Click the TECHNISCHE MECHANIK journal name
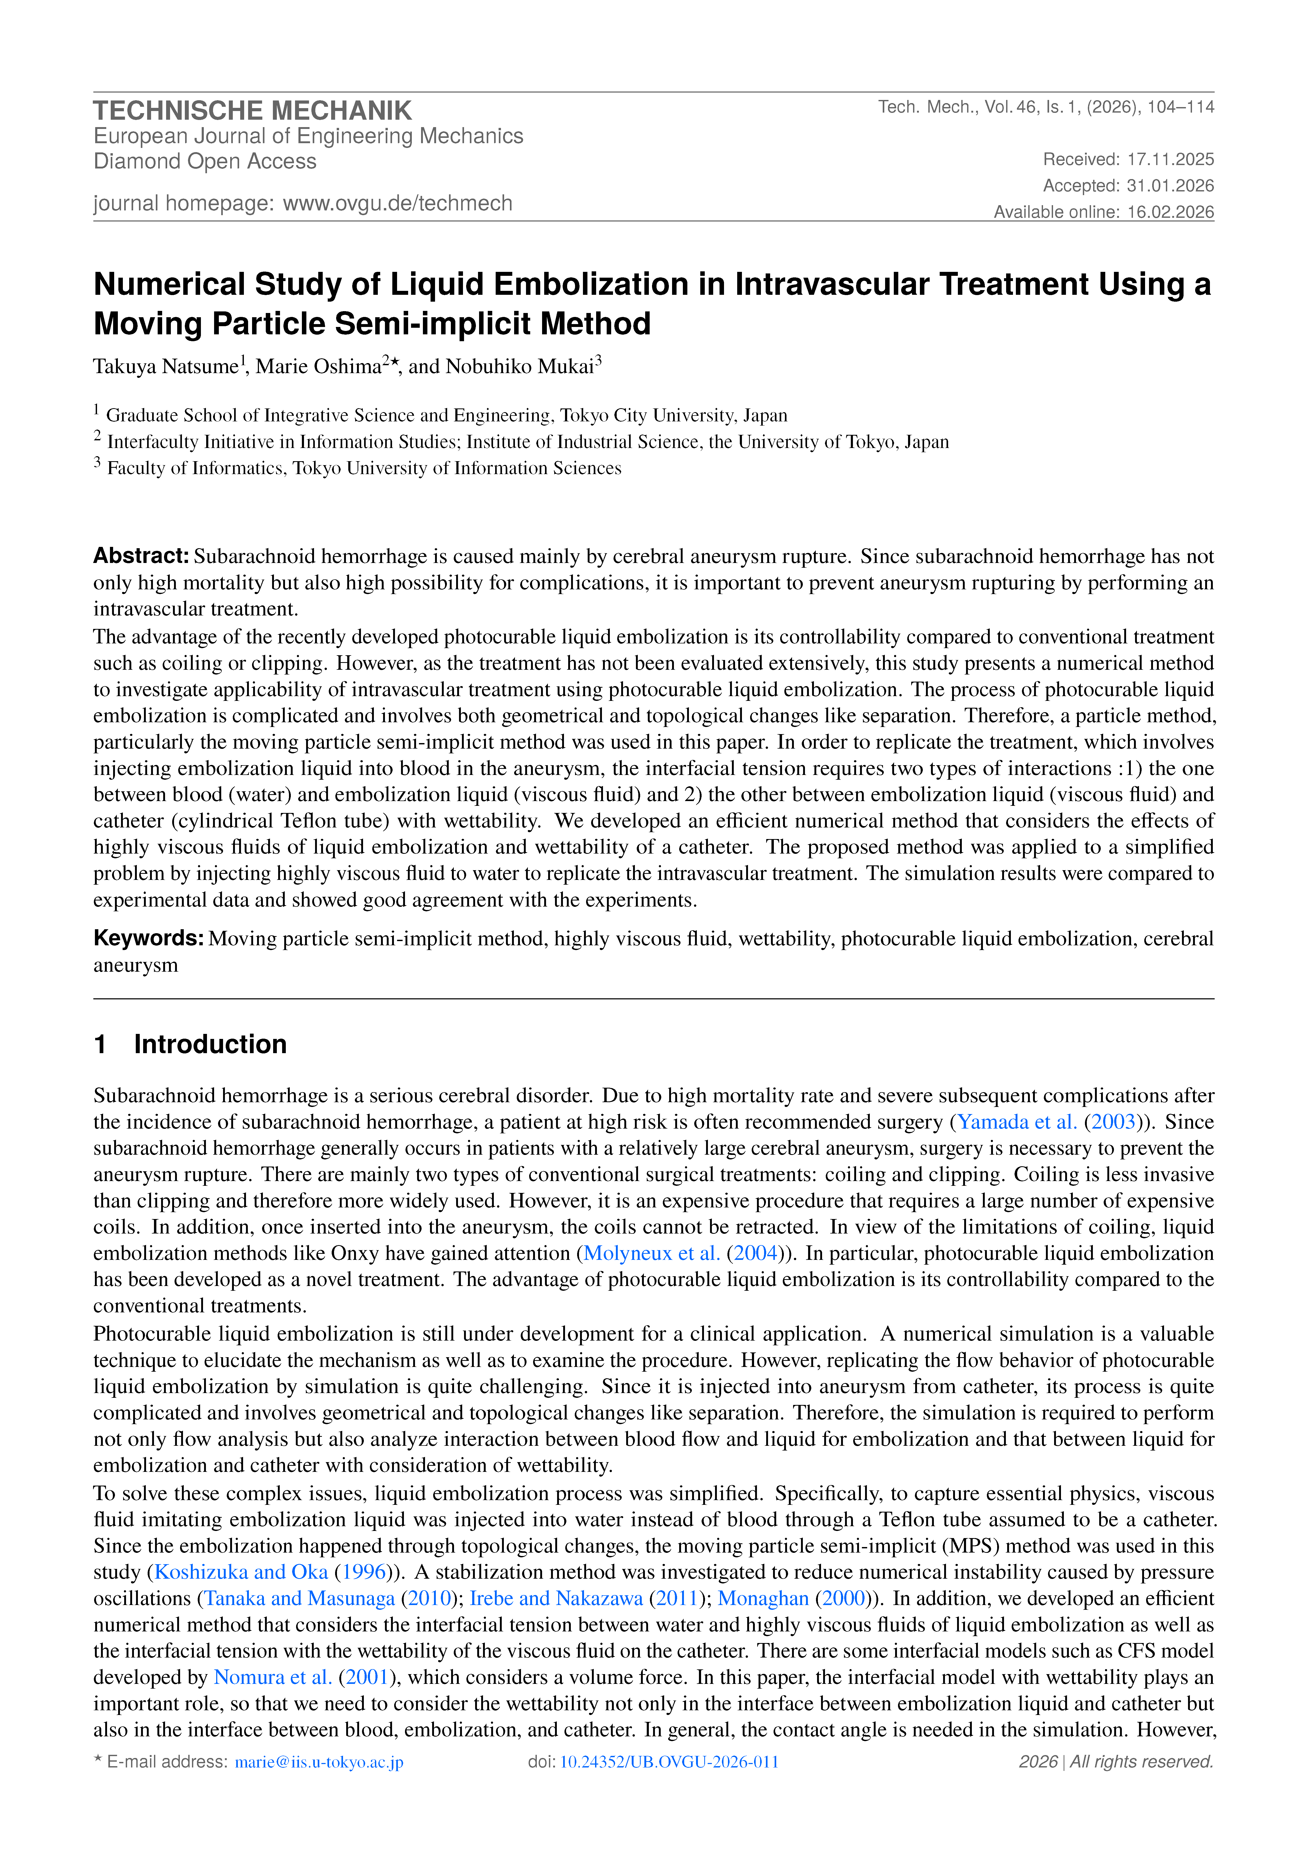[x=252, y=110]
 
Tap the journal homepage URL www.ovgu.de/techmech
[x=397, y=203]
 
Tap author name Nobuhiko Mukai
[x=520, y=367]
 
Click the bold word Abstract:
[x=141, y=556]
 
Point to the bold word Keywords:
[x=148, y=938]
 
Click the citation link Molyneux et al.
[x=651, y=1253]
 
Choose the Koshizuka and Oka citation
[x=241, y=1571]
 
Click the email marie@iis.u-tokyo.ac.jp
[x=319, y=1762]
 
